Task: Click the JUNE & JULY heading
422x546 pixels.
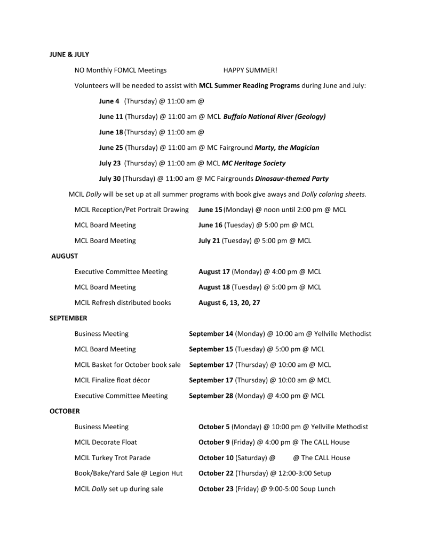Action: pos(69,54)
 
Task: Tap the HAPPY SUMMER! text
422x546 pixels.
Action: pos(250,70)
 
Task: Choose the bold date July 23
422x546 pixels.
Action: pos(110,163)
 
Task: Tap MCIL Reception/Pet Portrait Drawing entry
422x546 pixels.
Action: pos(131,210)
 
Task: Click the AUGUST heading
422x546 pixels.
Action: pos(65,256)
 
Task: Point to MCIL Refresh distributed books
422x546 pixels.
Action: pos(123,303)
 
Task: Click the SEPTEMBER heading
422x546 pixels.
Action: pos(68,318)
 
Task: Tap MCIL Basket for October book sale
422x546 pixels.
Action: pos(128,365)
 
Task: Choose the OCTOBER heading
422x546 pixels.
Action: pos(65,411)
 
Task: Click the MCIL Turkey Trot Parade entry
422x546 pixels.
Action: pos(113,457)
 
